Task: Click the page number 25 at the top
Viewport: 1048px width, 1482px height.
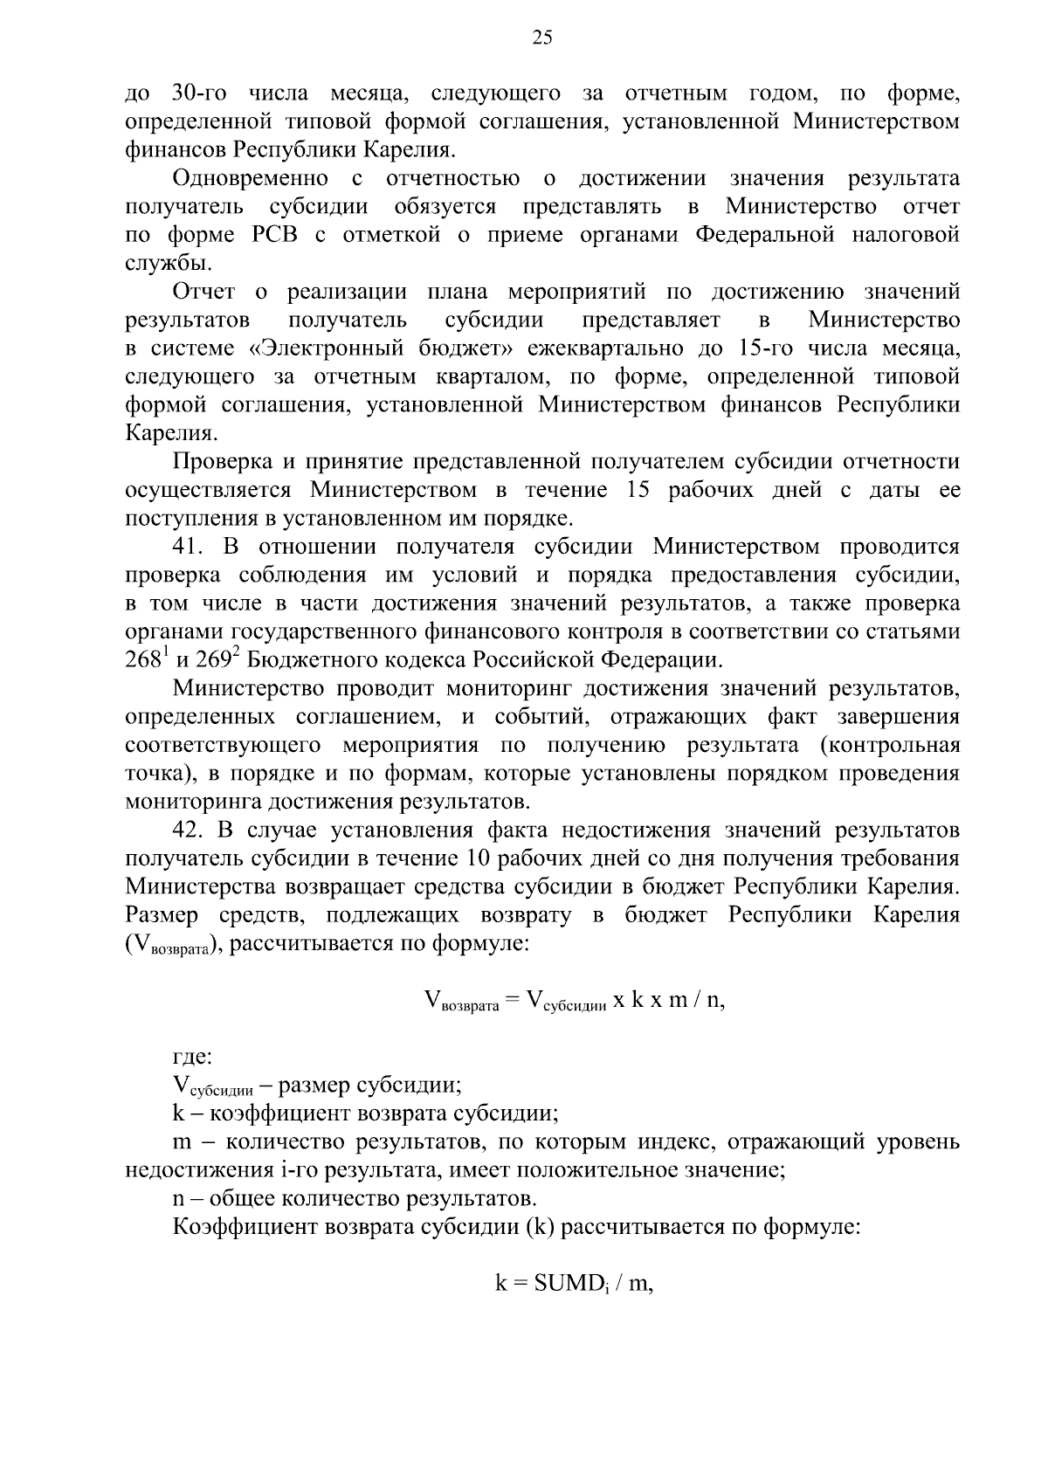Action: (541, 37)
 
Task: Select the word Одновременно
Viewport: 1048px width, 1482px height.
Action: (251, 179)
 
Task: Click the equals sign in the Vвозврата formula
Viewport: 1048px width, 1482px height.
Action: (512, 1001)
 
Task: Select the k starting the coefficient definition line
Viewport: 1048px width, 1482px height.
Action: (178, 1113)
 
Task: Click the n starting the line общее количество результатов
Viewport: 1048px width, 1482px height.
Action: (178, 1197)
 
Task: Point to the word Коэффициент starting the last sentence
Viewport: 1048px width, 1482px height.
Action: (245, 1226)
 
